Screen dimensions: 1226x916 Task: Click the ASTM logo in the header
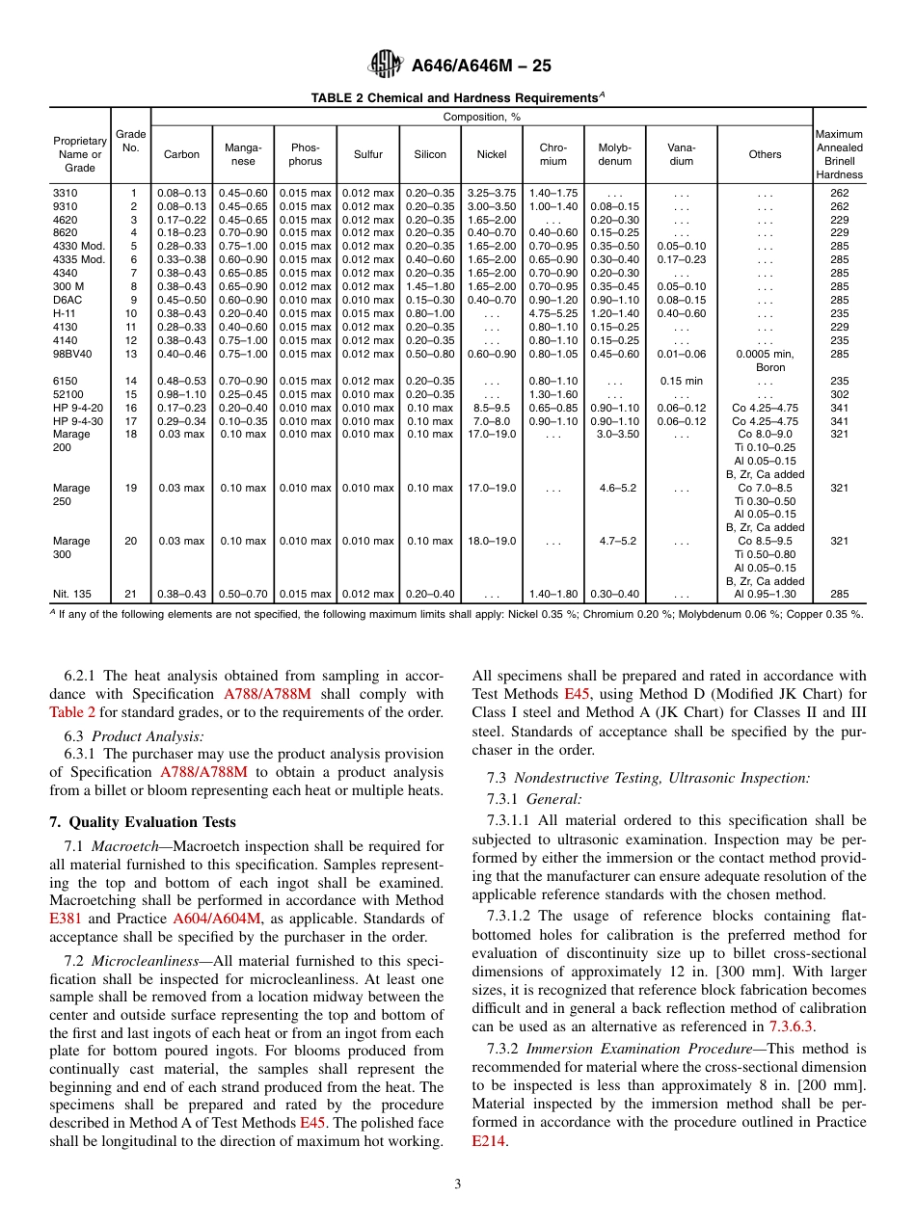point(386,66)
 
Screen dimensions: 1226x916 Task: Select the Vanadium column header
point(681,154)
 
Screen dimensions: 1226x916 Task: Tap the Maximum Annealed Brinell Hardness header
point(839,154)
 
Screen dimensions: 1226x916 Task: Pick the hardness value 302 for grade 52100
point(839,394)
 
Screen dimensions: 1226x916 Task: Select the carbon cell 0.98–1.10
point(181,394)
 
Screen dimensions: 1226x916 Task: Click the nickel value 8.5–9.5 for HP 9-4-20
point(491,408)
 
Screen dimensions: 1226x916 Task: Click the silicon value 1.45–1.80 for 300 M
point(429,286)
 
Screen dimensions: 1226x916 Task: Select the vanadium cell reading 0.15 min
point(681,381)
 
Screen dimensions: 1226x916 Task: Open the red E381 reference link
point(64,919)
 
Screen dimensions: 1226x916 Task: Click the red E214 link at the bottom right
point(488,1141)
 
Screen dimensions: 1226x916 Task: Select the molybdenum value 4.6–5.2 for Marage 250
point(617,488)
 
